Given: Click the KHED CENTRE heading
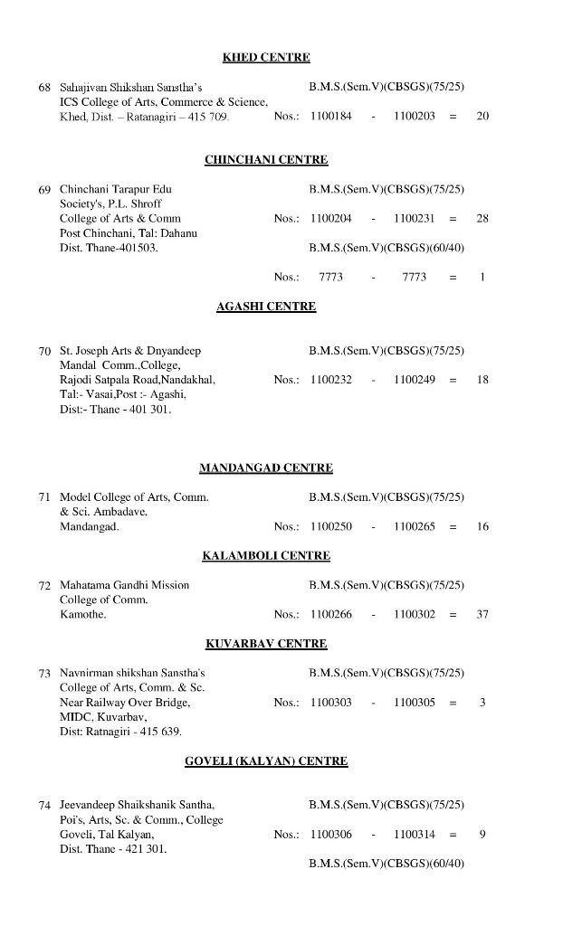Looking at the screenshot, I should tap(266, 58).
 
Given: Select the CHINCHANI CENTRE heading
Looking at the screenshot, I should tap(266, 160).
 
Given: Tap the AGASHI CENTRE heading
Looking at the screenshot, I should tap(266, 307).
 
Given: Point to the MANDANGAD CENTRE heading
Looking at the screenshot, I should tap(266, 468).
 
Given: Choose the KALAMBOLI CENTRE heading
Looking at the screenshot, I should tap(266, 555).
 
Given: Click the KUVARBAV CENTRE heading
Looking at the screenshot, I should tap(266, 644).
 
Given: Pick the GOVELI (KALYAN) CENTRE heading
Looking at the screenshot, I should tap(266, 761).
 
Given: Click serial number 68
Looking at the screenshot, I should tap(44, 89).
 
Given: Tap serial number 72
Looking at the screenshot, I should tap(44, 586).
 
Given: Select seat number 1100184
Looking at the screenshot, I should tap(330, 117).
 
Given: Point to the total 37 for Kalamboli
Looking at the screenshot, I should tap(482, 615).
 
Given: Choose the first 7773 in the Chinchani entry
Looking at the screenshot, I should tap(331, 278).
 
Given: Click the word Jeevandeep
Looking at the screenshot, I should tap(87, 805).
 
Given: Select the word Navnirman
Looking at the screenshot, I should tap(84, 673).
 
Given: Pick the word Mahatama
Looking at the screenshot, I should tap(84, 585).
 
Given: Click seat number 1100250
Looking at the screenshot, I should tap(330, 526).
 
